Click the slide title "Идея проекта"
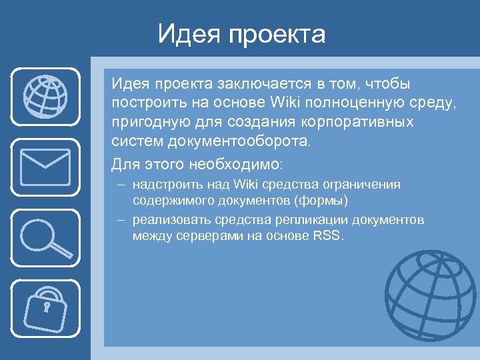241,34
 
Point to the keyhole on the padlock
47,308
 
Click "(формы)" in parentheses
331,200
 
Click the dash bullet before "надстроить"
121,184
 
